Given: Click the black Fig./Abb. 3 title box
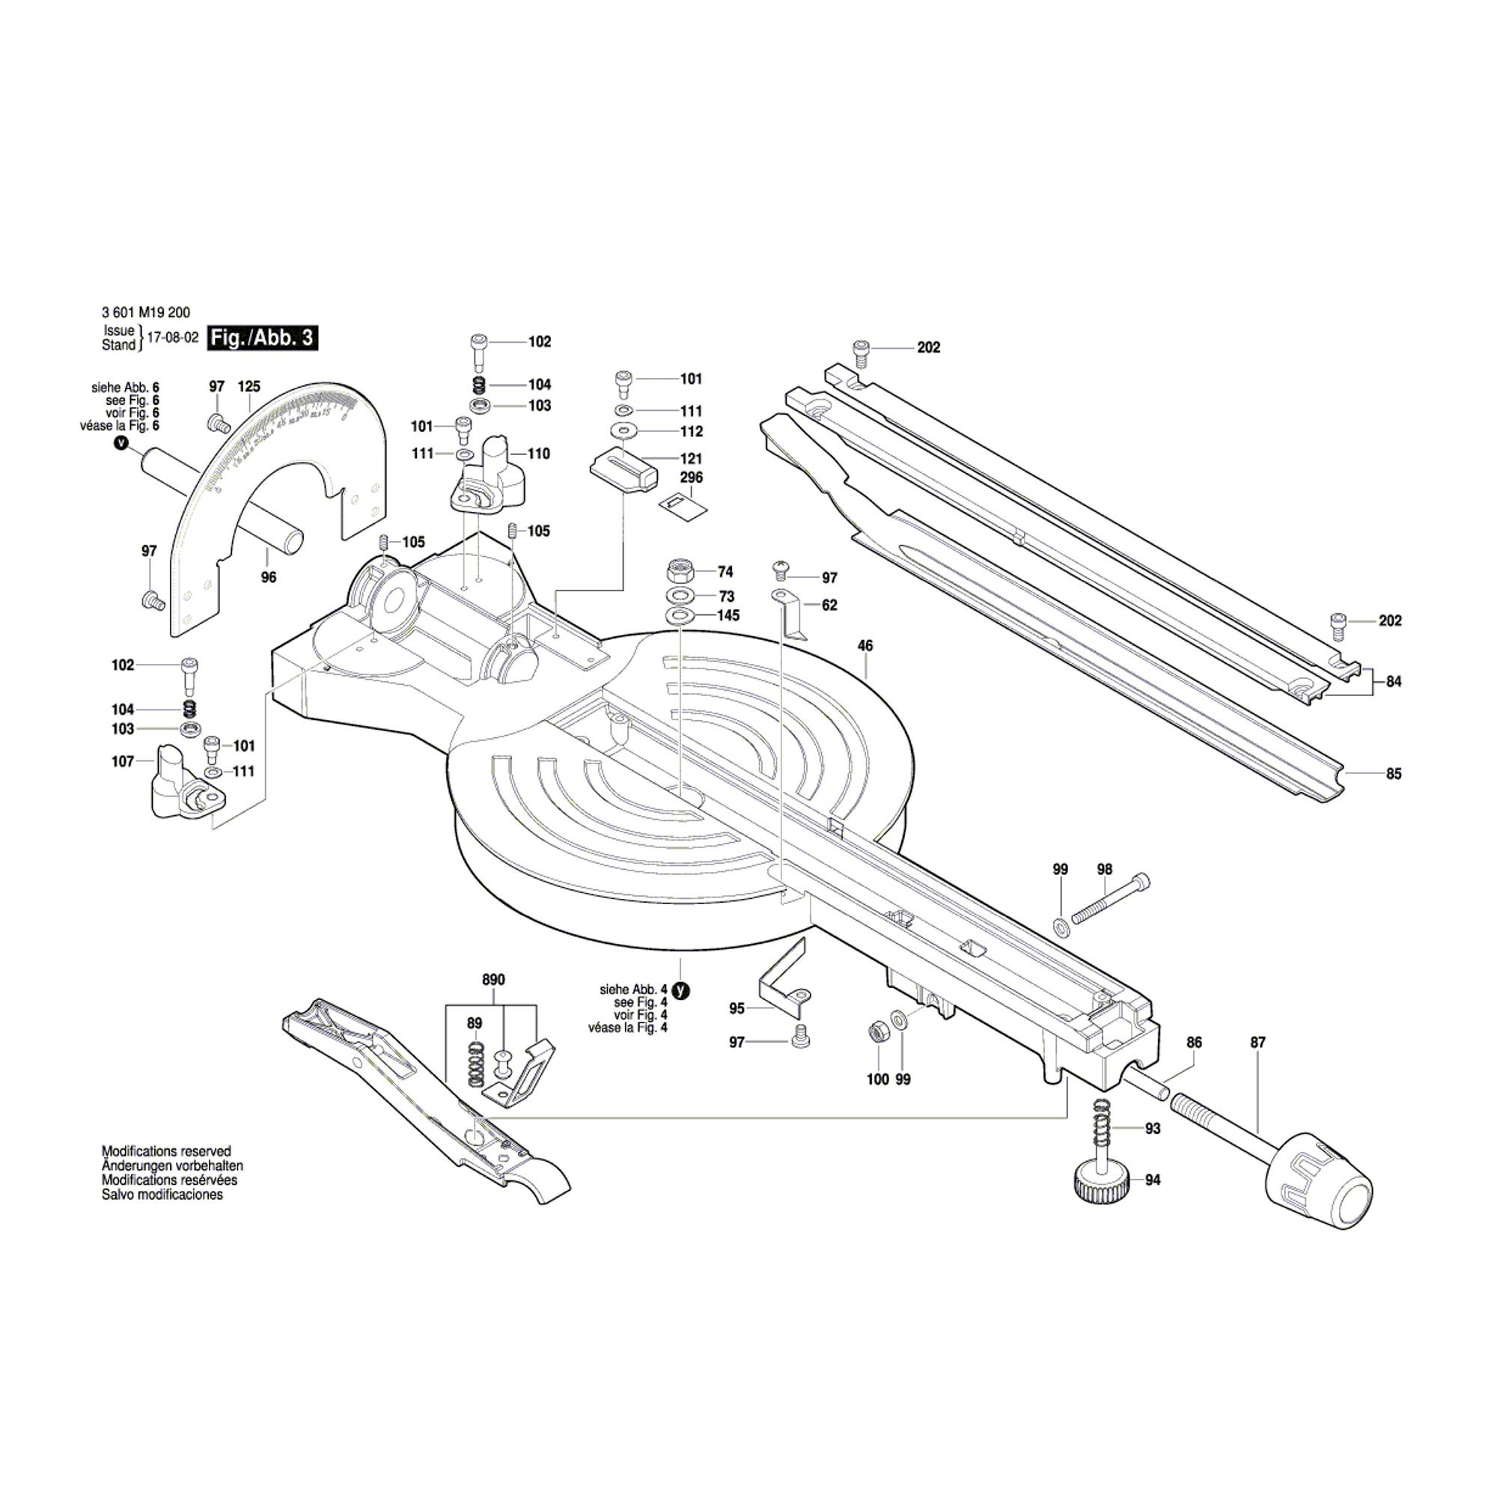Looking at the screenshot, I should [x=263, y=338].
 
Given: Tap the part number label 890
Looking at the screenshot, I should [x=493, y=979].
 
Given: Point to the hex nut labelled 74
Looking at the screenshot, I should [x=681, y=572].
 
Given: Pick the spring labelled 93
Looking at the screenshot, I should [x=1103, y=1128].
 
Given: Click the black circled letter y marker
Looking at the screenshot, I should [x=680, y=990].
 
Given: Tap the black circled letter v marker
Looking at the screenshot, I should [x=120, y=443].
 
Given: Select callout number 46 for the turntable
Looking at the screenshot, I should [x=865, y=645].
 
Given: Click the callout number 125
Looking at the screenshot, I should [x=249, y=387].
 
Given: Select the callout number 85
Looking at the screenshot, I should [x=1393, y=774].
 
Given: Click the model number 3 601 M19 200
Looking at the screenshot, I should [x=146, y=313].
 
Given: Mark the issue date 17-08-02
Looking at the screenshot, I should [x=172, y=338].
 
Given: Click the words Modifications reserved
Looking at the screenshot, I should [x=167, y=1151].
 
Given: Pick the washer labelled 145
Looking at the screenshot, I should [x=680, y=616].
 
